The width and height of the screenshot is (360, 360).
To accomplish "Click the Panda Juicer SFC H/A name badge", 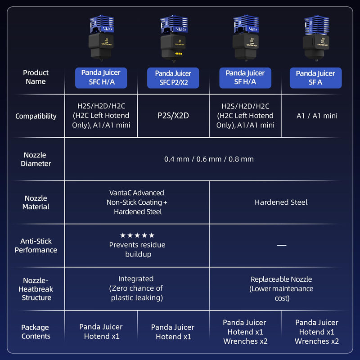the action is [x=101, y=78].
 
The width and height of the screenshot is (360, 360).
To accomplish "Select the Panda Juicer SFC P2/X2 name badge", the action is [x=173, y=78].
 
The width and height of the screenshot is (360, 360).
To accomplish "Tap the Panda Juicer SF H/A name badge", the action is [x=245, y=78].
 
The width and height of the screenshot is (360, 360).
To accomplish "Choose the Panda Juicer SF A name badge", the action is [x=316, y=78].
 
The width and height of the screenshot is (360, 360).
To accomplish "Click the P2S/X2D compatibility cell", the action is [x=173, y=116].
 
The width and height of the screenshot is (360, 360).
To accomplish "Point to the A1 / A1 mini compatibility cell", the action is [x=317, y=116].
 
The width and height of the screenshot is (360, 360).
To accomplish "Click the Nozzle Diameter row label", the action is [x=36, y=159].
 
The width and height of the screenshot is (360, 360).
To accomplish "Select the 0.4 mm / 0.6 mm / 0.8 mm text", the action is [x=209, y=159].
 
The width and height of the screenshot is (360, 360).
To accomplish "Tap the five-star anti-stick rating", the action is [x=137, y=235].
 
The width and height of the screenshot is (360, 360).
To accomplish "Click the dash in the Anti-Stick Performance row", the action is [x=282, y=245].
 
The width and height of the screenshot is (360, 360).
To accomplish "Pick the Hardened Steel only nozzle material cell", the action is [x=281, y=202].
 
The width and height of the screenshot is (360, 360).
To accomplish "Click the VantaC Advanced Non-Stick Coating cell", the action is [x=137, y=202].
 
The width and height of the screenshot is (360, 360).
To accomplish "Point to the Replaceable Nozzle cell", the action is [x=281, y=288].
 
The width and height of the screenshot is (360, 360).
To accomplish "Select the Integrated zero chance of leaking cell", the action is [x=137, y=288].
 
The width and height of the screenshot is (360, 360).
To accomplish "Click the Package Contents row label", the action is [x=36, y=332].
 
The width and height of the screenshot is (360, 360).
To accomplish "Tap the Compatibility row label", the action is [x=36, y=116].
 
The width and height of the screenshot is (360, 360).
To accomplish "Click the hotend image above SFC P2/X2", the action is [x=174, y=39].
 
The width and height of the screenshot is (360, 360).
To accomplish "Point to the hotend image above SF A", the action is [x=316, y=38].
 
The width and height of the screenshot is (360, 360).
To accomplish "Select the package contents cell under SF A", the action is [x=317, y=332].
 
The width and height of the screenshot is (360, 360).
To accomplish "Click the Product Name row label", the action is [x=36, y=77].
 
